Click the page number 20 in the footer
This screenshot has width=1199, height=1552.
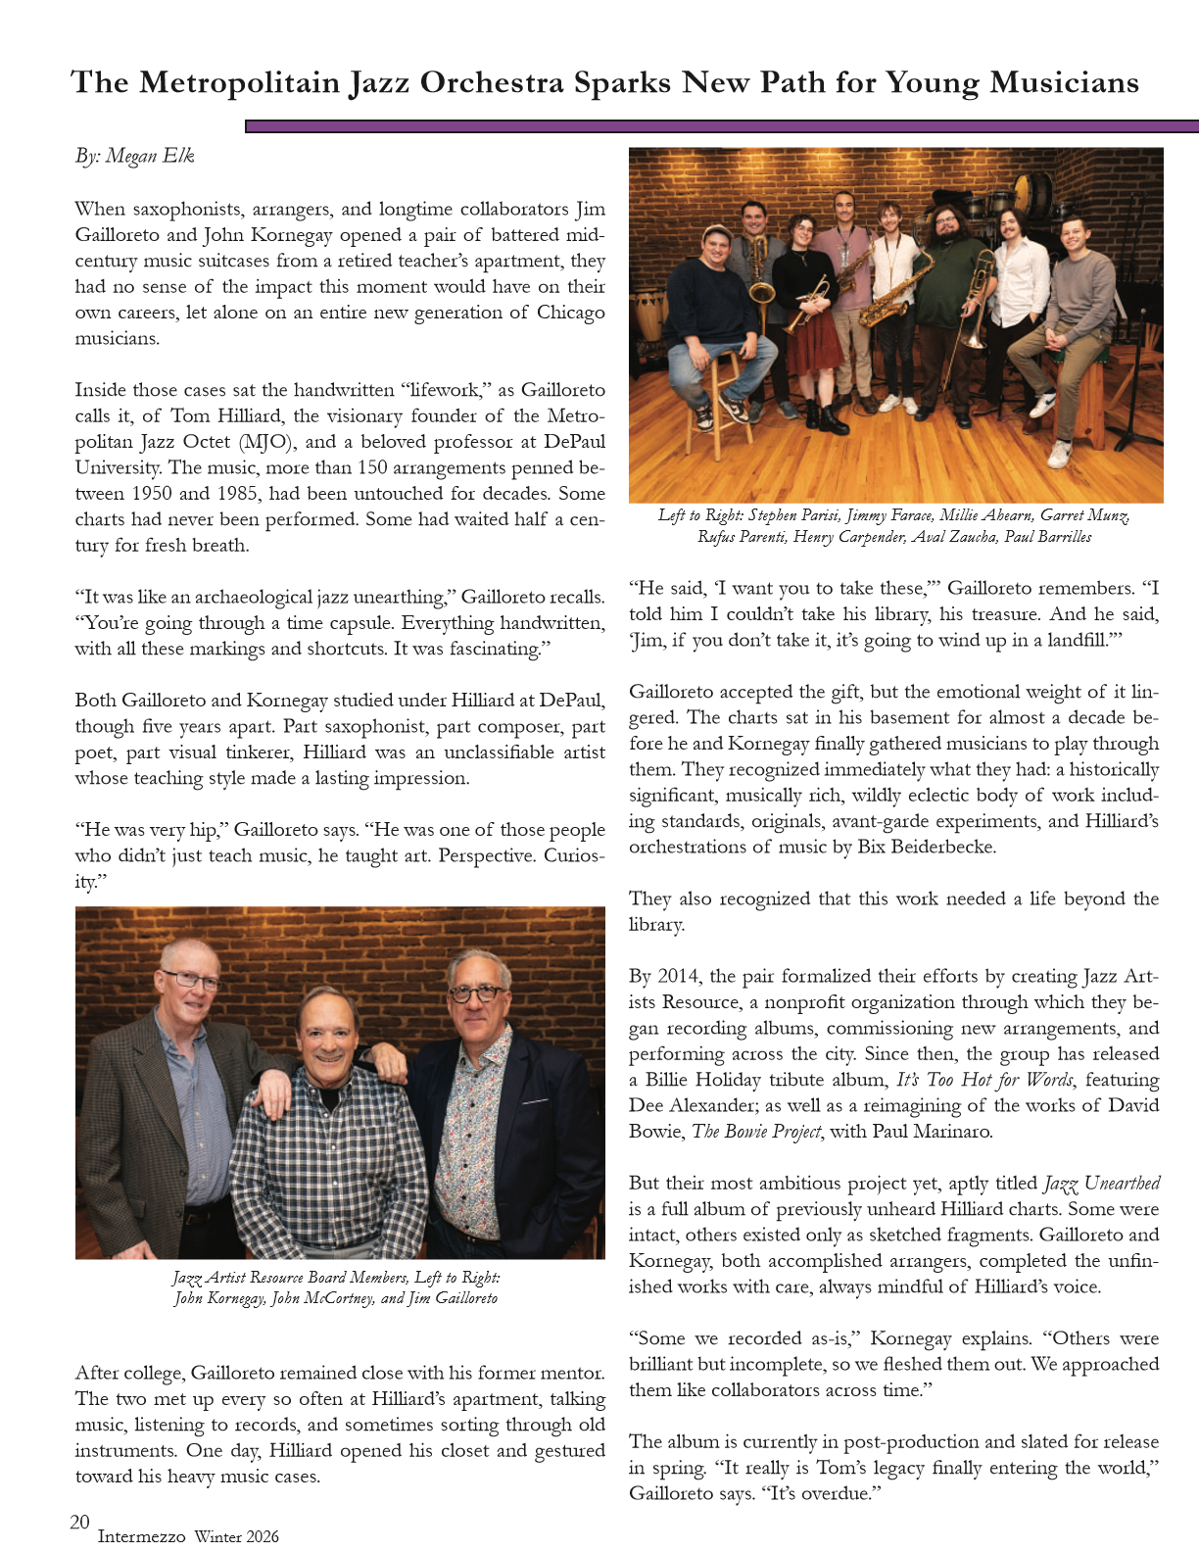point(79,1522)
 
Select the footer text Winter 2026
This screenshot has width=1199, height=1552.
point(235,1536)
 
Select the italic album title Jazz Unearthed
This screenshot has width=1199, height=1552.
point(1102,1183)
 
